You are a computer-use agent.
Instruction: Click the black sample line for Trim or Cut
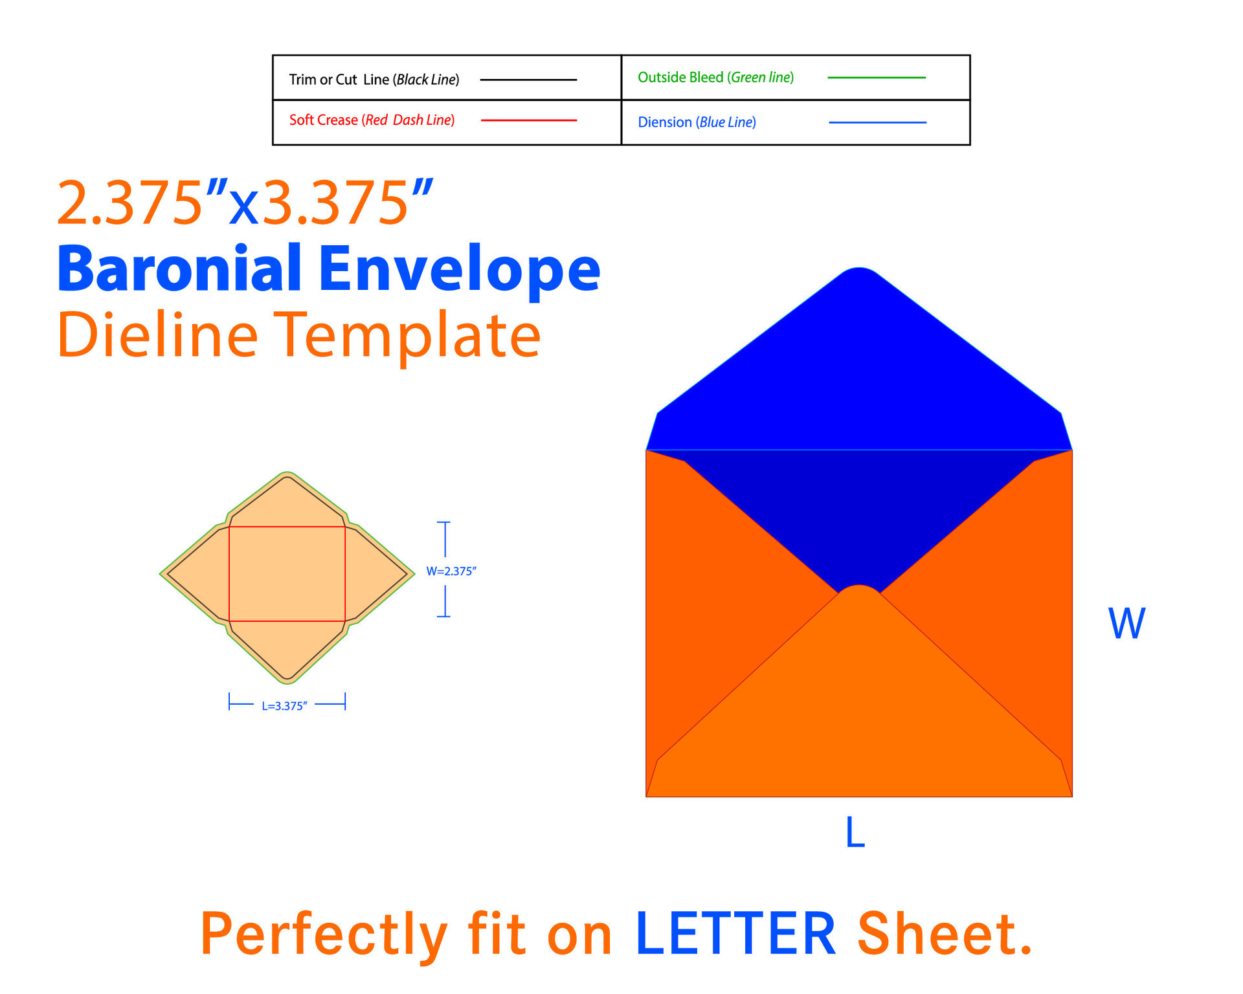pos(528,80)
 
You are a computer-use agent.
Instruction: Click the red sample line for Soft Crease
pos(529,120)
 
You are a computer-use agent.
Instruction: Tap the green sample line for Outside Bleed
pos(877,78)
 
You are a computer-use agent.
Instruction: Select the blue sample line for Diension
pos(878,122)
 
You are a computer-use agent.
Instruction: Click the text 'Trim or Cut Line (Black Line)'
pos(374,80)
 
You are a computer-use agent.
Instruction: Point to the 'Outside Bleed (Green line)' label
pos(716,78)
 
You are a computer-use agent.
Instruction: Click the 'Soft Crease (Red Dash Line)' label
pos(372,120)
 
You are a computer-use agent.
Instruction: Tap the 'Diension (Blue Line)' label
pos(697,122)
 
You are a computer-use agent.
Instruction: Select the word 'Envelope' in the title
pos(460,272)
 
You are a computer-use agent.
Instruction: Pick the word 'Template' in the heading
pos(407,338)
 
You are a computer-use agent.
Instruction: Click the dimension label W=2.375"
pos(451,571)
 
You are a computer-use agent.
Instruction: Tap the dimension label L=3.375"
pos(284,706)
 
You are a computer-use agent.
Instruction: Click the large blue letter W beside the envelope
pos(1127,624)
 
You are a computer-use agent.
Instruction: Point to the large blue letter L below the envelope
pos(855,832)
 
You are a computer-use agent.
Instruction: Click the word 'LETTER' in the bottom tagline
pos(736,934)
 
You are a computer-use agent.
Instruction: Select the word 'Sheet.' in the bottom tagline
pos(945,934)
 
